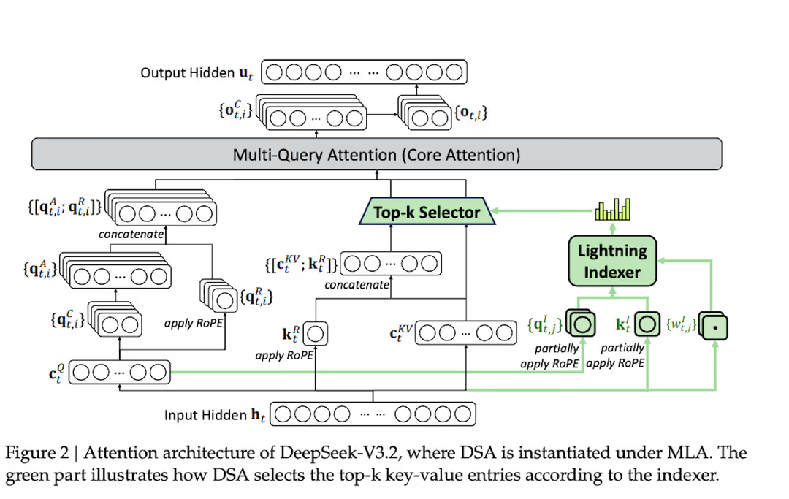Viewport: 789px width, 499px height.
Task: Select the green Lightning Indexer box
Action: coord(609,262)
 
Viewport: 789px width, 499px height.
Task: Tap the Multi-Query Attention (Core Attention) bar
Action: coord(376,155)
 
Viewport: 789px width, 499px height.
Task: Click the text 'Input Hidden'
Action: coord(205,415)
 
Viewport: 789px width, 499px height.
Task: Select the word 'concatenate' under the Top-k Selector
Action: coord(357,285)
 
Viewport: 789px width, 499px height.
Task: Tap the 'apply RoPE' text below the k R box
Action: coord(284,356)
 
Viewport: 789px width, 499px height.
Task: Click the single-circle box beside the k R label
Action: coord(316,335)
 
